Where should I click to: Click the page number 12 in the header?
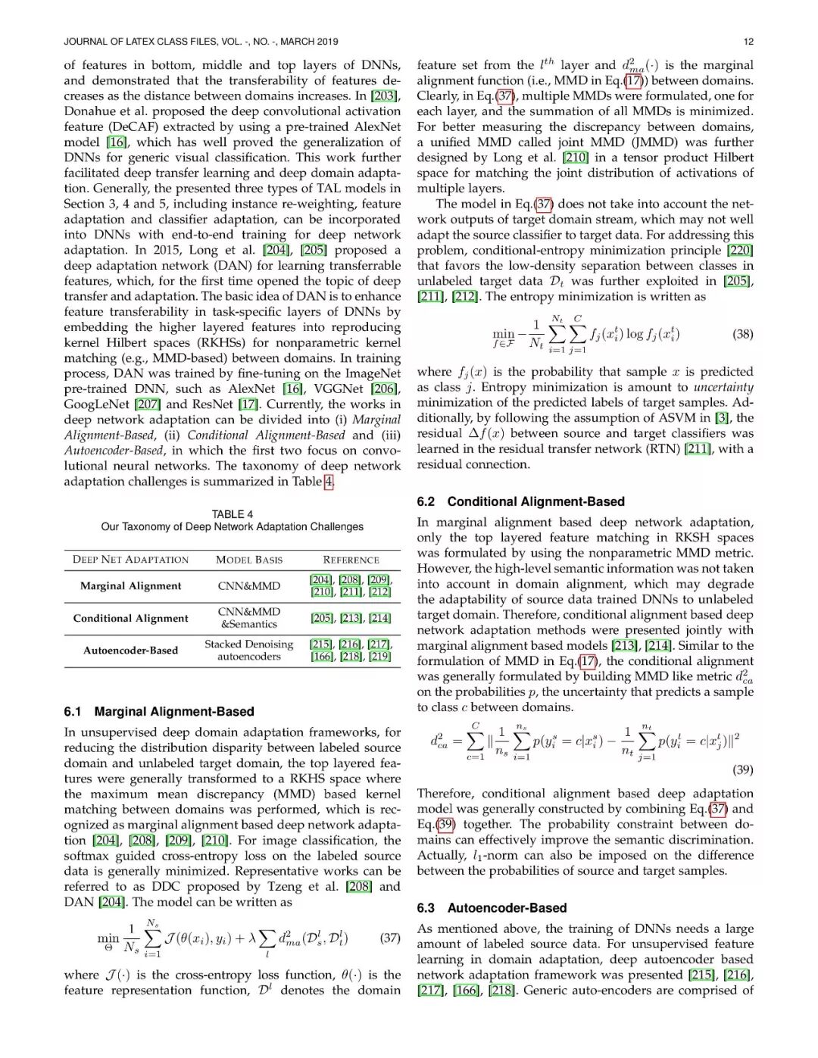(x=748, y=42)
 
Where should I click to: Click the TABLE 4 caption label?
(x=233, y=514)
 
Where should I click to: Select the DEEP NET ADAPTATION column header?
(x=130, y=560)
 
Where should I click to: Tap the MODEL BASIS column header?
(x=249, y=560)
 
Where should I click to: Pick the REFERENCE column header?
(x=351, y=560)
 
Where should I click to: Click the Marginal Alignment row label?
(x=130, y=586)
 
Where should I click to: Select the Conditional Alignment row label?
(x=130, y=618)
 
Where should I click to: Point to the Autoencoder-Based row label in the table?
(x=130, y=651)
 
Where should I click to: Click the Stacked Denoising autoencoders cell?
(x=248, y=651)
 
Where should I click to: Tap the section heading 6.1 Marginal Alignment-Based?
(x=159, y=712)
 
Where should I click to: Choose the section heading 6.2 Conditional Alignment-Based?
(x=521, y=501)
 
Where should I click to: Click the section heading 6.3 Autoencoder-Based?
(x=492, y=908)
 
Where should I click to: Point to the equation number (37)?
(x=390, y=938)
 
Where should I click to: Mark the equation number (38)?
(x=743, y=334)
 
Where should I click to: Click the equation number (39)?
(x=743, y=769)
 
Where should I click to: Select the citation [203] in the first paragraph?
(x=386, y=96)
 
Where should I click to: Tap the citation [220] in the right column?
(x=740, y=251)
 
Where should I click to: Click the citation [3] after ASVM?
(x=723, y=418)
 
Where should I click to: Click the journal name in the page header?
(x=201, y=42)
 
